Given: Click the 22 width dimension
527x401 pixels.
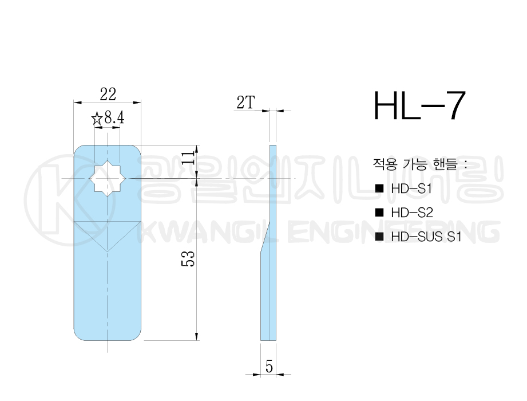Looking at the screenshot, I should pyautogui.click(x=108, y=93).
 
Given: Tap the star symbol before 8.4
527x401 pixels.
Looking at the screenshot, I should pyautogui.click(x=97, y=119).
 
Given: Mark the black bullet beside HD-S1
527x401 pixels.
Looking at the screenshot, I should pyautogui.click(x=379, y=188).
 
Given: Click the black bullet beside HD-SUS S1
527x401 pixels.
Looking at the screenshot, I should pyautogui.click(x=379, y=237).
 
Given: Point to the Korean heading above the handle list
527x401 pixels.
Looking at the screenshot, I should pyautogui.click(x=420, y=163).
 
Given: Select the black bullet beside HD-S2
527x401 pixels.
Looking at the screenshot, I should pyautogui.click(x=379, y=213).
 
